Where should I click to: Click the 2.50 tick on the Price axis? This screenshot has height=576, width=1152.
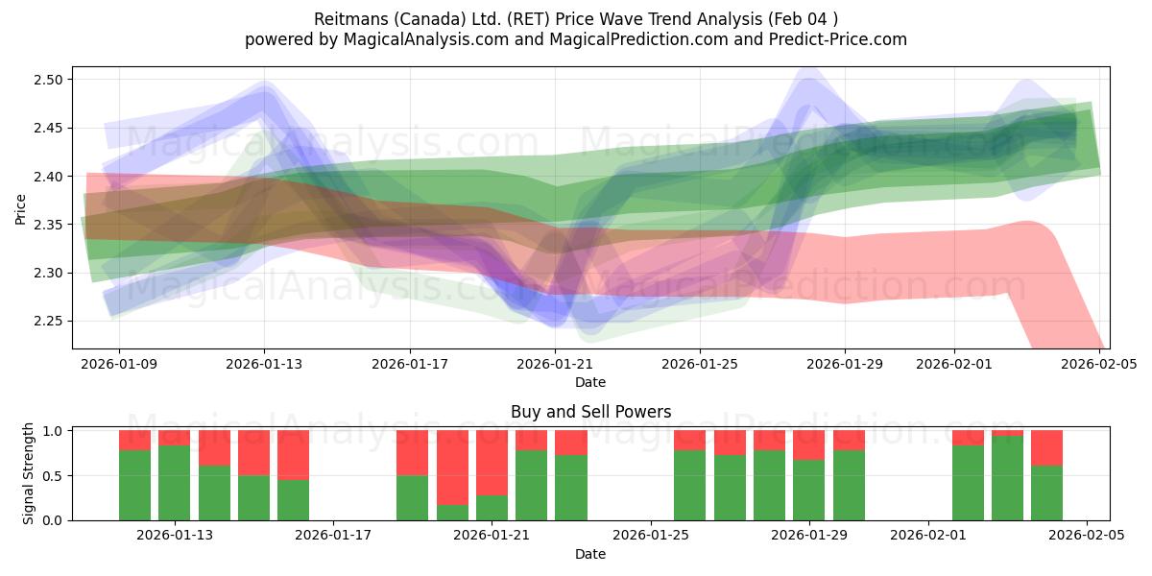(x=48, y=80)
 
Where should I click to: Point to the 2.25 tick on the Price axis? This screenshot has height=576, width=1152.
(x=48, y=321)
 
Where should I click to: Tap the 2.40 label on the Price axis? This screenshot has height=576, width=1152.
(x=48, y=177)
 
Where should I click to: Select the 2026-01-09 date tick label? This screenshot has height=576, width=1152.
(x=119, y=365)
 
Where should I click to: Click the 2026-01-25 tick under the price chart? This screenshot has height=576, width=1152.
(x=699, y=365)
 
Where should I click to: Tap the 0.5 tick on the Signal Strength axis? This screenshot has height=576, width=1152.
(x=54, y=475)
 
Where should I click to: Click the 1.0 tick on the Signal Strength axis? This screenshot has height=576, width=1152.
(x=54, y=431)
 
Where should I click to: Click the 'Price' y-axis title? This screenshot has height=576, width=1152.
(x=21, y=207)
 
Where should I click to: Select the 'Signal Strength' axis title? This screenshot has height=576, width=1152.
(x=29, y=474)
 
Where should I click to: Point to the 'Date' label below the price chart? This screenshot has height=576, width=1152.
(x=590, y=383)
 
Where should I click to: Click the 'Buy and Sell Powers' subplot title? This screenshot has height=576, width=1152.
(x=590, y=412)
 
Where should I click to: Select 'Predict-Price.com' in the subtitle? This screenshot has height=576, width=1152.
(x=839, y=39)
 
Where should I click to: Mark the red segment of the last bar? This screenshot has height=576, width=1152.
(x=1046, y=447)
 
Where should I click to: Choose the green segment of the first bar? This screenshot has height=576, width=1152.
(x=134, y=485)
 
